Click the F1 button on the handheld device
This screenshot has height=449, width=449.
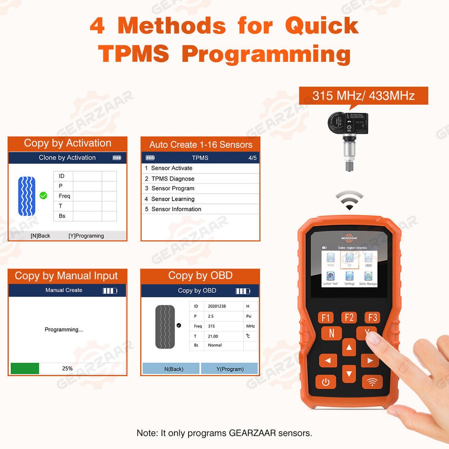(326, 318)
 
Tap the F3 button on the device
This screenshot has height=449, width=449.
(372, 318)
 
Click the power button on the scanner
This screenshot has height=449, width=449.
(326, 382)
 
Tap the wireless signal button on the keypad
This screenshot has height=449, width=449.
(372, 382)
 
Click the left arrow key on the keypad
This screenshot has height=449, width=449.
(328, 360)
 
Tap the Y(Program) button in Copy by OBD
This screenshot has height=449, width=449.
(230, 369)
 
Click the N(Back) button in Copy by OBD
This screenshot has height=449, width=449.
(171, 369)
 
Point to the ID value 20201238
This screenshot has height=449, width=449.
(217, 306)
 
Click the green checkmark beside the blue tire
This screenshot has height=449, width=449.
(43, 196)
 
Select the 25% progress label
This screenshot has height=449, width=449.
(67, 369)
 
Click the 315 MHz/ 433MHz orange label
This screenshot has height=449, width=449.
(363, 96)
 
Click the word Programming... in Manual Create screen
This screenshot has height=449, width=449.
(64, 330)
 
